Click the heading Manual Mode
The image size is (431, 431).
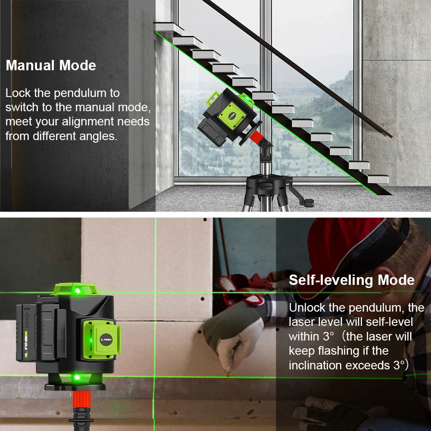click(51, 66)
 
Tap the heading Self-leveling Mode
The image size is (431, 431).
click(351, 280)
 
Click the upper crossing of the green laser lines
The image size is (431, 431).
click(155, 293)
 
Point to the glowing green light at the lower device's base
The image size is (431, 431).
click(77, 378)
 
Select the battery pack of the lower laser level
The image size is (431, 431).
click(37, 332)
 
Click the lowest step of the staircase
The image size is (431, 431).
click(378, 179)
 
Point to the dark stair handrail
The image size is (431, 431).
click(302, 69)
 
